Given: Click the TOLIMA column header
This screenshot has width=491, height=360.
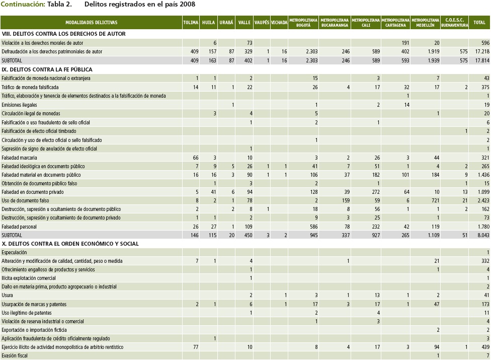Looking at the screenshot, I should (191, 23).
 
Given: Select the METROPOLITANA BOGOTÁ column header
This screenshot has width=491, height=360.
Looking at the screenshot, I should (303, 23).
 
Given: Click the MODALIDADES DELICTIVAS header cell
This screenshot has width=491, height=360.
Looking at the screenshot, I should (91, 23).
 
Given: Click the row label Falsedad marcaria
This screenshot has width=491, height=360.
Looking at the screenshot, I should (20, 158).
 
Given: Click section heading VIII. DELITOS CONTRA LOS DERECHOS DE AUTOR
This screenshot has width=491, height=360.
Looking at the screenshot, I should (63, 34).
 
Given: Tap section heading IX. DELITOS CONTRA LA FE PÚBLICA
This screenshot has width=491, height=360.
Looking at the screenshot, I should (47, 69).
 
